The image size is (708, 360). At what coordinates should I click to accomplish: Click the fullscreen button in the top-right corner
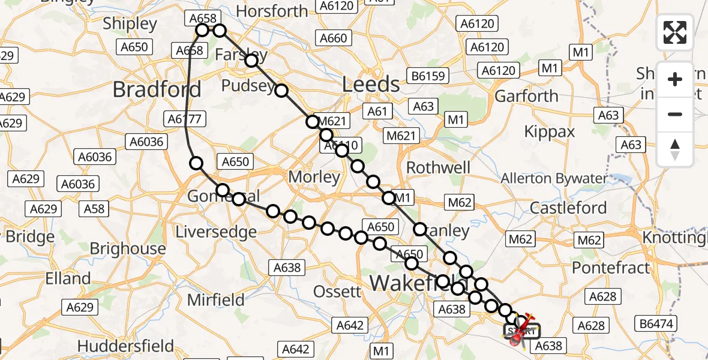(x=675, y=32)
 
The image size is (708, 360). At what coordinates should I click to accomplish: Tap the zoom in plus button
(x=675, y=80)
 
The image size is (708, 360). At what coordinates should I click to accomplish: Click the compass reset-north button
(x=675, y=149)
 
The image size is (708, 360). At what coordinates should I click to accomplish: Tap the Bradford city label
(x=157, y=90)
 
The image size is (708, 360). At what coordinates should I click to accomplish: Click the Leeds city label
(x=371, y=85)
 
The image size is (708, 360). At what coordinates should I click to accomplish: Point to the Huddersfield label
(x=125, y=346)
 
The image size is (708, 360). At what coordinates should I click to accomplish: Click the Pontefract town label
(x=611, y=268)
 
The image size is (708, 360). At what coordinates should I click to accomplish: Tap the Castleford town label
(x=568, y=208)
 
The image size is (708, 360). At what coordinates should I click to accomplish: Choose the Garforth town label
(x=526, y=96)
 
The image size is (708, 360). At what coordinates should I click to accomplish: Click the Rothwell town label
(x=439, y=167)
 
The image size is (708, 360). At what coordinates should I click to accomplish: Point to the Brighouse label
(x=128, y=248)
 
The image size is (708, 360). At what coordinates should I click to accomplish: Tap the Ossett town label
(x=338, y=292)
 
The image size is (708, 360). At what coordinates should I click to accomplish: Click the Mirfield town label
(x=216, y=299)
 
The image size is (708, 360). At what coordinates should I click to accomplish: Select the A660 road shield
(x=334, y=38)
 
